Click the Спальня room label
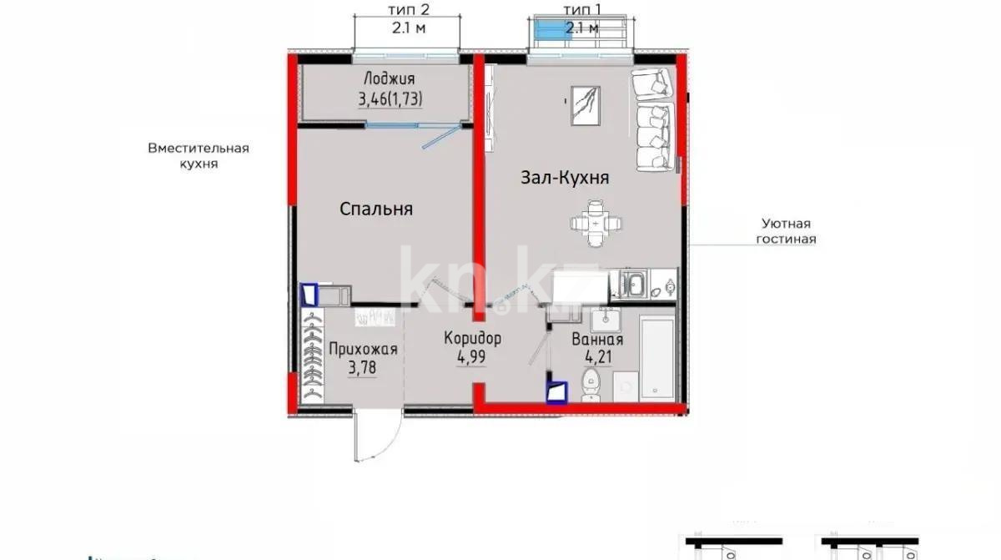click(x=376, y=209)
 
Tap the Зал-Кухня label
click(x=565, y=178)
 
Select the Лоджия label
click(x=389, y=80)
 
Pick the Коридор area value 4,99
click(x=472, y=356)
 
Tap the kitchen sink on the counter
click(x=634, y=285)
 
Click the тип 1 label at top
click(x=581, y=9)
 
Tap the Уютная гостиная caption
click(x=785, y=231)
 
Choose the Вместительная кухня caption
click(x=199, y=156)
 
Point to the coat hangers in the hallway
click(x=312, y=359)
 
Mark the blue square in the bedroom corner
click(x=310, y=294)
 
